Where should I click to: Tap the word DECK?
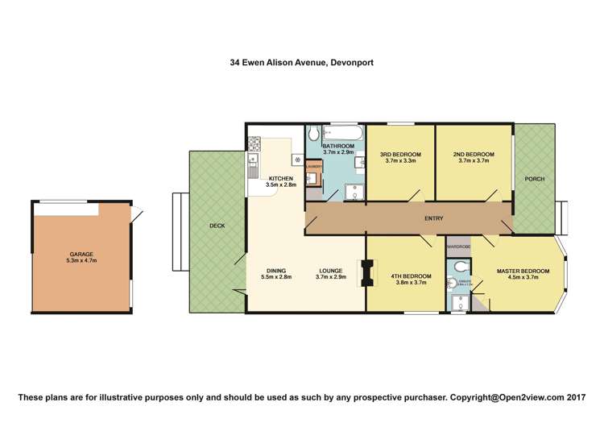(217, 226)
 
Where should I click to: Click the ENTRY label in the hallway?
(434, 218)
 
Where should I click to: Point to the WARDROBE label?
(458, 246)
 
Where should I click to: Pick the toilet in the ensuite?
(458, 265)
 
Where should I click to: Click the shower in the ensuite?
(457, 303)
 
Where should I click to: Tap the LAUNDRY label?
(314, 168)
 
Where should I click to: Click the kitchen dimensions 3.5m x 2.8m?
(281, 184)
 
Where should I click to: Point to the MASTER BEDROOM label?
(523, 271)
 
